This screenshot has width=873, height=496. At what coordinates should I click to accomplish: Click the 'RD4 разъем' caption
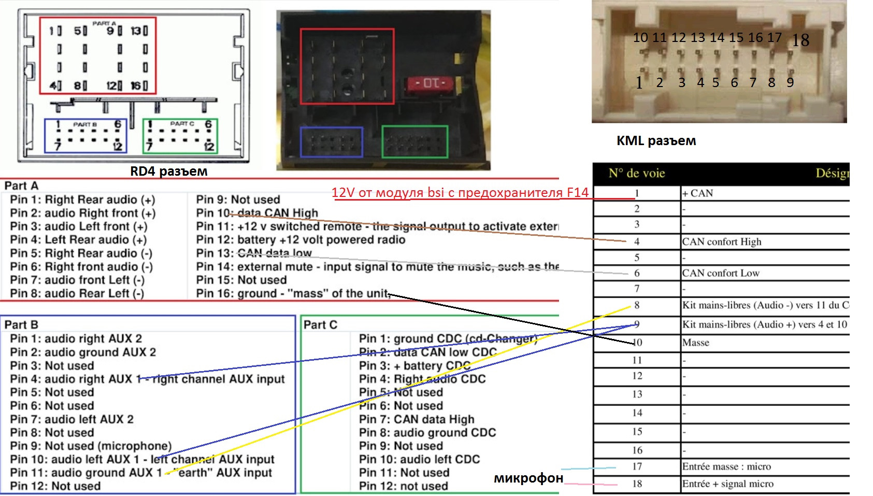tap(168, 171)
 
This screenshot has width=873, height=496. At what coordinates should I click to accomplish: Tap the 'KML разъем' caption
tap(656, 140)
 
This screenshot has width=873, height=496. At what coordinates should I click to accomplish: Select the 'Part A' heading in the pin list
tap(21, 186)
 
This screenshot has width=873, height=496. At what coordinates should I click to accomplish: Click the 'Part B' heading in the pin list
tap(21, 324)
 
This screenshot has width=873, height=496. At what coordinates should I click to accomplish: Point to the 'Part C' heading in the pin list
tap(320, 324)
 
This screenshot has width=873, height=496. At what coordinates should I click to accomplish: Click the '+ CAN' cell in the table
tap(697, 193)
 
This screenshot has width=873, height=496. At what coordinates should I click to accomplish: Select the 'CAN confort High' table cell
tap(721, 242)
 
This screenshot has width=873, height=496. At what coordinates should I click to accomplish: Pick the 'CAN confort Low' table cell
tap(720, 273)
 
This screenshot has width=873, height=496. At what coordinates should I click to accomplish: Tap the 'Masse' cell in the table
tap(695, 343)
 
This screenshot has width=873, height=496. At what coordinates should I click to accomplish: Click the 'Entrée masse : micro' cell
tap(726, 466)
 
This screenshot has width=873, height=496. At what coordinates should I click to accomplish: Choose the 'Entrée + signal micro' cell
tap(727, 484)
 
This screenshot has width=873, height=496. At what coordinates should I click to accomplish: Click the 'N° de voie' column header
tap(636, 173)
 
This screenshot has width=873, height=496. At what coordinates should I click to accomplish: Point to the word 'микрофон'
tap(528, 477)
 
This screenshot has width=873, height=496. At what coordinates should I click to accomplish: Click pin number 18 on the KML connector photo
tap(800, 40)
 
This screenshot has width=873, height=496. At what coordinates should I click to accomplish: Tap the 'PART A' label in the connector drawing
tap(104, 23)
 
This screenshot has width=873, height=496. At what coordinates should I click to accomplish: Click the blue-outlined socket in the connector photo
tap(332, 142)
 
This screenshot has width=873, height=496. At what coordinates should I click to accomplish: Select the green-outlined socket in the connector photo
tap(414, 141)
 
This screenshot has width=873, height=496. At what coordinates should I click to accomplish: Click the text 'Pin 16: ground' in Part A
tap(236, 293)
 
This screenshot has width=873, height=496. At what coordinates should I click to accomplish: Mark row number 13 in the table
tap(637, 394)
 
